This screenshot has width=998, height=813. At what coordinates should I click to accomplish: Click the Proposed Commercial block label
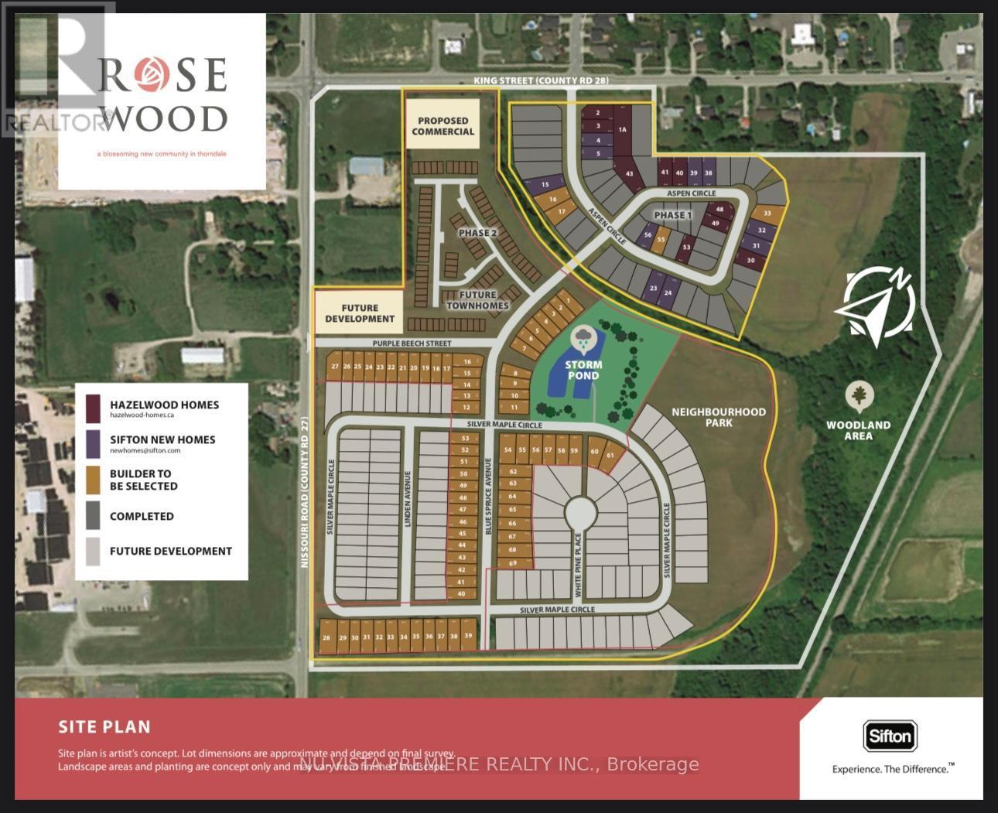pos(443,125)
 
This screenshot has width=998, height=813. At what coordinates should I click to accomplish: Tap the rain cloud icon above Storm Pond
pos(583,337)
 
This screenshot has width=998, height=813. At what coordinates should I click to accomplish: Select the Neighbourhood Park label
pos(718,417)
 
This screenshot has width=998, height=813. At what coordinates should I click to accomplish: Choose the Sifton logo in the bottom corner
pos(890,736)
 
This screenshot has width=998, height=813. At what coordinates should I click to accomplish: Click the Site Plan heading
pos(104,726)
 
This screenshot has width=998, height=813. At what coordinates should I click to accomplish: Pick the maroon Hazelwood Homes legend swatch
pos(93,408)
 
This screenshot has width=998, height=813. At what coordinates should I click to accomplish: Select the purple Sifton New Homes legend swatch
pos(93,443)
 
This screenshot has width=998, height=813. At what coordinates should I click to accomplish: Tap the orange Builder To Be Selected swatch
pos(93,480)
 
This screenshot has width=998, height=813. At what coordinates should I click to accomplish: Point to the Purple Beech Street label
pos(412,343)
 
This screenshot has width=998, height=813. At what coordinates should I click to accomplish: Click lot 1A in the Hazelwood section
pos(622,130)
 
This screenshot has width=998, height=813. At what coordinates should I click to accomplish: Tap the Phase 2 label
pos(477,233)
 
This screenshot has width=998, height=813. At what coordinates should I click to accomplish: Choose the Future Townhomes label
pos(477,299)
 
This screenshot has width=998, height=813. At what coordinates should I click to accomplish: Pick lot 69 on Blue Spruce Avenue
pos(512,562)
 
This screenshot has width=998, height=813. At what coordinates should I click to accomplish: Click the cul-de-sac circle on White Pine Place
pos(579,512)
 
